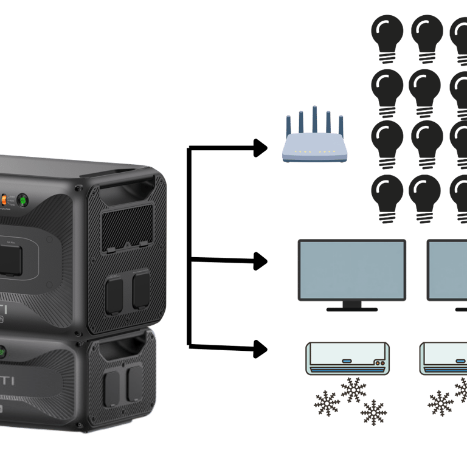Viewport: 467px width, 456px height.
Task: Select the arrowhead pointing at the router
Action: tap(260, 148)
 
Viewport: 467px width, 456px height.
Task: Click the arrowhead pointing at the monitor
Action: tap(260, 262)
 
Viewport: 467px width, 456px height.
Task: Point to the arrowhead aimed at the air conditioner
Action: tap(260, 349)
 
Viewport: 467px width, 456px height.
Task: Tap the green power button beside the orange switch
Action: tap(22, 199)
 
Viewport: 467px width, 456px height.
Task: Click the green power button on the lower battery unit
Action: tap(2, 351)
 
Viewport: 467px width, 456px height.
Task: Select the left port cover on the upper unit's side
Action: tap(114, 295)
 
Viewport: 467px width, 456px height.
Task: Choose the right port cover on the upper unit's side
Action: tap(140, 290)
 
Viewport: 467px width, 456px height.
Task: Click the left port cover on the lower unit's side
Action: tap(111, 387)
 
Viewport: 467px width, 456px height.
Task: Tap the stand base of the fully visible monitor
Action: tap(352, 309)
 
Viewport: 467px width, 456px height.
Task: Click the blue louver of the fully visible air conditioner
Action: tap(347, 369)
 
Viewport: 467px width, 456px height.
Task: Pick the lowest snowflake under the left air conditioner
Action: tap(373, 412)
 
